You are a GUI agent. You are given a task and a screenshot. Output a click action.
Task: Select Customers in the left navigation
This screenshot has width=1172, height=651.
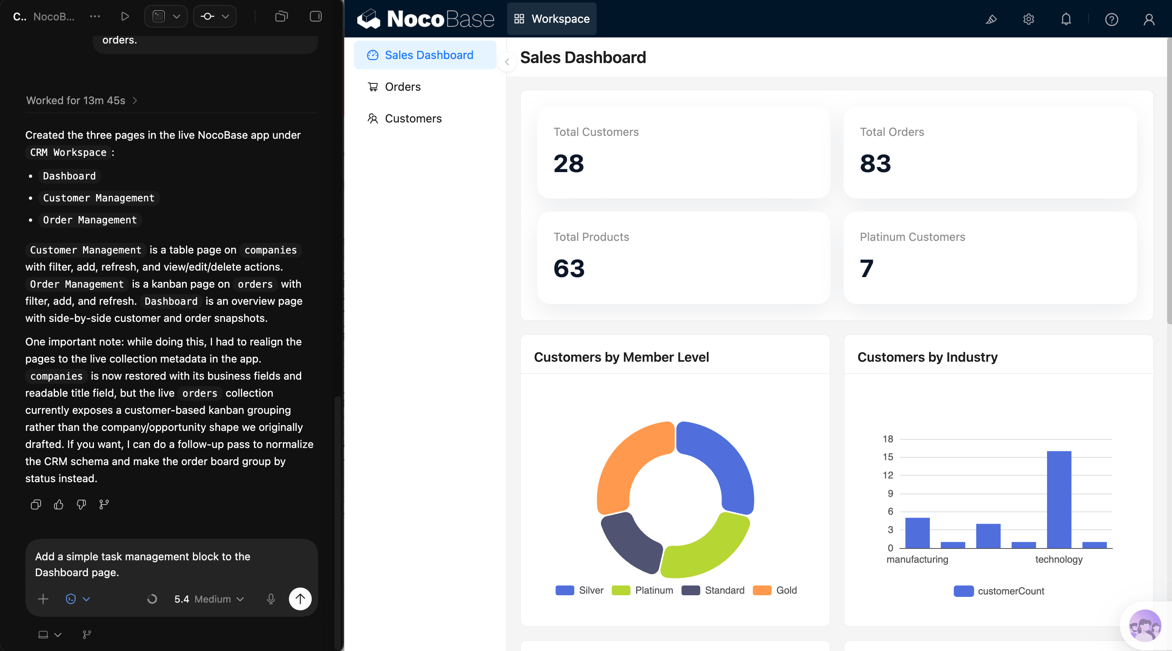click(x=413, y=118)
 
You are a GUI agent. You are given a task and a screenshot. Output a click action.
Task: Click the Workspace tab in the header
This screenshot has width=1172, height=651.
click(x=551, y=19)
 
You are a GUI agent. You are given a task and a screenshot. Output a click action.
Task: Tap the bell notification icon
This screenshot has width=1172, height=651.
click(x=1065, y=19)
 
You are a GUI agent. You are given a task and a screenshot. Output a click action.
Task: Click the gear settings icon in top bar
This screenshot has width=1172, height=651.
click(x=1028, y=19)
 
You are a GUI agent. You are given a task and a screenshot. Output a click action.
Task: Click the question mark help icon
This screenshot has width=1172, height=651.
click(x=1111, y=20)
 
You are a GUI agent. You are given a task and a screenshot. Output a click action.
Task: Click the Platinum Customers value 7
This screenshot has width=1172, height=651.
click(x=866, y=269)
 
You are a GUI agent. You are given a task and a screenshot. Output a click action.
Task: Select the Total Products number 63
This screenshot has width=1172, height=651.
click(x=569, y=269)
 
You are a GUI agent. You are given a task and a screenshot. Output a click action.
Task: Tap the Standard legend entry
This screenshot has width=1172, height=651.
click(x=724, y=590)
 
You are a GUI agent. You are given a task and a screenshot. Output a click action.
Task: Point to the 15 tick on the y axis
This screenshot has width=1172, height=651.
click(x=888, y=457)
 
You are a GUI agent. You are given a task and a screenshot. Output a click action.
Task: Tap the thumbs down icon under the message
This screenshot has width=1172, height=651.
click(x=81, y=504)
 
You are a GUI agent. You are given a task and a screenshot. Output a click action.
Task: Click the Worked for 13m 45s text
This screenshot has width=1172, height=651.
click(x=76, y=100)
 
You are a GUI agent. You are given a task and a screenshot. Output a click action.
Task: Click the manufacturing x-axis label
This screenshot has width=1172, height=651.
click(x=917, y=559)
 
